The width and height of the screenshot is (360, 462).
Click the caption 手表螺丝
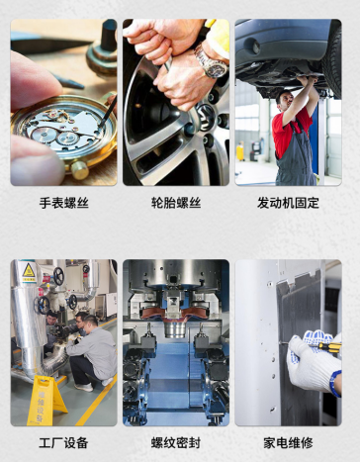64,203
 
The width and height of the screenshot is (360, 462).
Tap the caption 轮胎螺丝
176,203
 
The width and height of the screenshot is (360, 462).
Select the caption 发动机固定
288,203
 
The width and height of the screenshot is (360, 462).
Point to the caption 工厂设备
63,443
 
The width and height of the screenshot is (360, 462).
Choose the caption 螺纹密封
176,443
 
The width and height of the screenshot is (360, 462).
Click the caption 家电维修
288,443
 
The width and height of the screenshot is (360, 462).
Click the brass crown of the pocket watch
80,170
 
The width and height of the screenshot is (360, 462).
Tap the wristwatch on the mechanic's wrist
212,62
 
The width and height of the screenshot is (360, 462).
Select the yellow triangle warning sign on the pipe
29,271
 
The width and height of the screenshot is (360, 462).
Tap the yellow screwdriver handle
330,346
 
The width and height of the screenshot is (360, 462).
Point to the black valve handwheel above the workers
58,276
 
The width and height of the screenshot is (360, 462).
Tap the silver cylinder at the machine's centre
175,329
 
